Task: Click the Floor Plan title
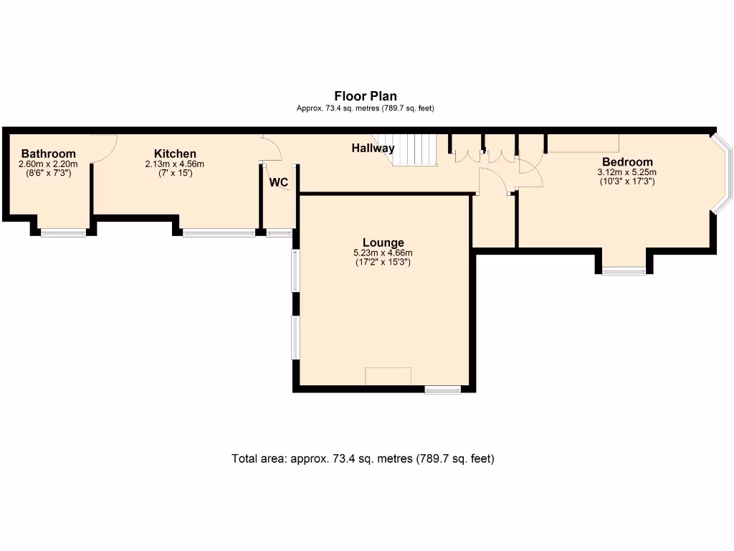(365, 96)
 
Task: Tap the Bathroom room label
(48, 154)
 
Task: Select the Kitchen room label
(175, 154)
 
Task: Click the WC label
(279, 182)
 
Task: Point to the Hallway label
(373, 149)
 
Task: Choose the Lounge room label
(383, 242)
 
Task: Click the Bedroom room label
(627, 161)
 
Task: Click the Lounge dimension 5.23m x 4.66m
(383, 253)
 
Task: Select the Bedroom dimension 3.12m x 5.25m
(627, 172)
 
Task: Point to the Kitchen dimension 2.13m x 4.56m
(175, 164)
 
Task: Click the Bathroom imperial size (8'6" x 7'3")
(48, 173)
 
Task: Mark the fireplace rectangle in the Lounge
(388, 377)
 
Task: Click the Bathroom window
(63, 232)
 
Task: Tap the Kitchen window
(219, 232)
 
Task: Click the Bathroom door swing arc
(106, 148)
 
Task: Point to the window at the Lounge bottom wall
(442, 390)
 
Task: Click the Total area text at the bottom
(363, 458)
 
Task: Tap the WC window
(279, 232)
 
